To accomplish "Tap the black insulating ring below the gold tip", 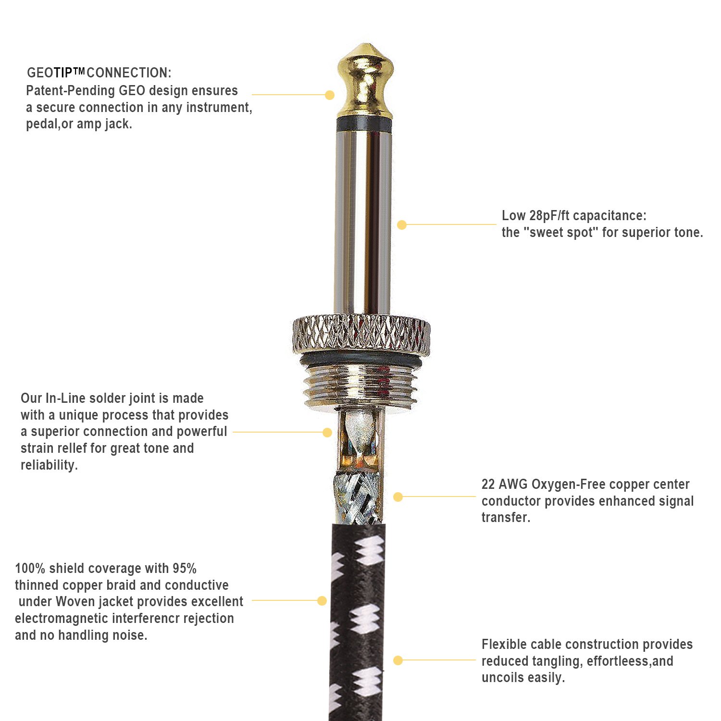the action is tap(365, 124).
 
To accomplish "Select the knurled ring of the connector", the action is tap(361, 334).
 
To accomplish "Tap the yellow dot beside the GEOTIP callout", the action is tap(329, 95).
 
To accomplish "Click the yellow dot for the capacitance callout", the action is tap(402, 224).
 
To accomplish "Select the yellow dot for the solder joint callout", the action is tap(327, 433).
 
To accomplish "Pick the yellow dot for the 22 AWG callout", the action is tap(398, 497).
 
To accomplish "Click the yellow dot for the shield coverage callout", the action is tap(322, 601).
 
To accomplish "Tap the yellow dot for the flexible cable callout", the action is tap(398, 661).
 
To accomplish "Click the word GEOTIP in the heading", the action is tap(56, 73).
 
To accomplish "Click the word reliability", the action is tap(49, 465).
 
